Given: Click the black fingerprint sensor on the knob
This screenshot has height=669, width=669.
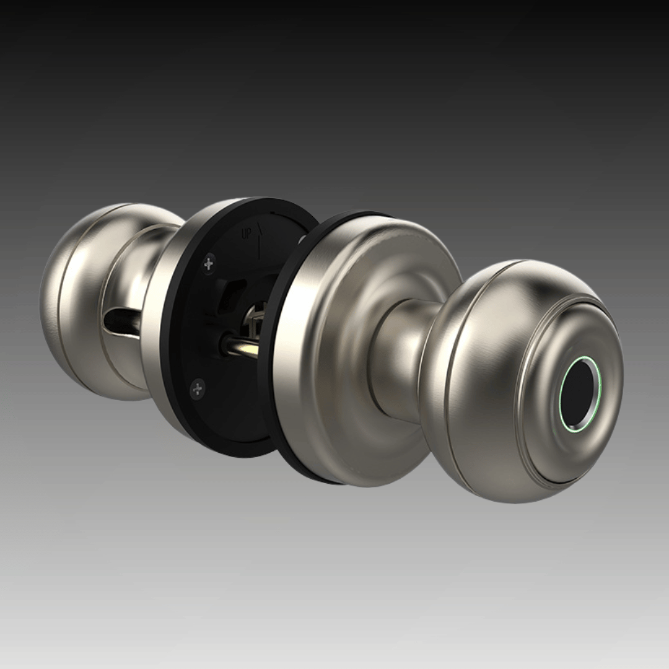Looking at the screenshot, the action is click(x=577, y=394).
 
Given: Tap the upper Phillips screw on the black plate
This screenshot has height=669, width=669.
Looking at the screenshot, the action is click(x=209, y=264).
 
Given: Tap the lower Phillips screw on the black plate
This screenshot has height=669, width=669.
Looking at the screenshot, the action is click(x=198, y=388).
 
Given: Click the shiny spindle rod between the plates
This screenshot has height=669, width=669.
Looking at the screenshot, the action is click(x=240, y=346).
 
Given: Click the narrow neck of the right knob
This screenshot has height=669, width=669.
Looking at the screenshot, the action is click(x=399, y=359).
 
